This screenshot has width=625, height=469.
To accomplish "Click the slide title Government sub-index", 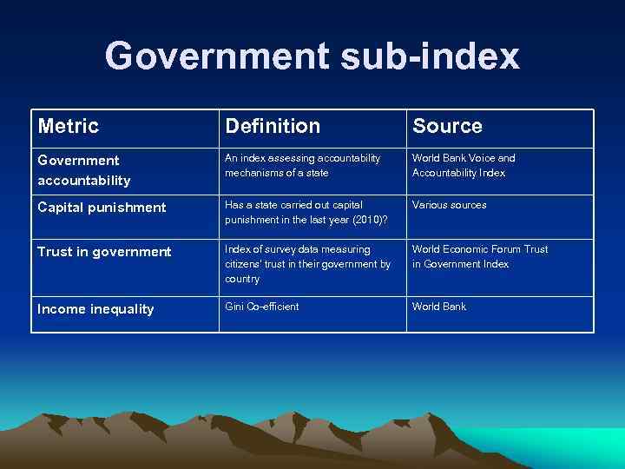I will (312, 56).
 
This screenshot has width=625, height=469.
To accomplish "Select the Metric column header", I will (69, 127).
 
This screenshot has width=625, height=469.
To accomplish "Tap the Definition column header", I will (273, 127).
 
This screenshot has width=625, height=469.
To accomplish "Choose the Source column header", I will (447, 127).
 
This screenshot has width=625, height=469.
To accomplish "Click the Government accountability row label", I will (84, 170).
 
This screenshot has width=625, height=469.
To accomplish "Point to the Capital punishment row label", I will (102, 207).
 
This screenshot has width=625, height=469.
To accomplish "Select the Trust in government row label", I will (105, 252).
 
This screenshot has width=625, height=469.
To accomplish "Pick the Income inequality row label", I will (95, 308).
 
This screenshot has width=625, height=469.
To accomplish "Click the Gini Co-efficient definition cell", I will (261, 307).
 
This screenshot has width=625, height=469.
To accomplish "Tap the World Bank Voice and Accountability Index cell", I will (464, 165).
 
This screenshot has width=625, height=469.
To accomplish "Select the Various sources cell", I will (449, 205).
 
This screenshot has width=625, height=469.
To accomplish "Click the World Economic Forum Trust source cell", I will (480, 256).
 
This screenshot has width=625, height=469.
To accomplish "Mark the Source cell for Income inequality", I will (439, 307).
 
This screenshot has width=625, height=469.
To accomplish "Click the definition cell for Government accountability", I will (302, 165).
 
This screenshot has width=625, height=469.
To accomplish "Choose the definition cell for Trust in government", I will (307, 264).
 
